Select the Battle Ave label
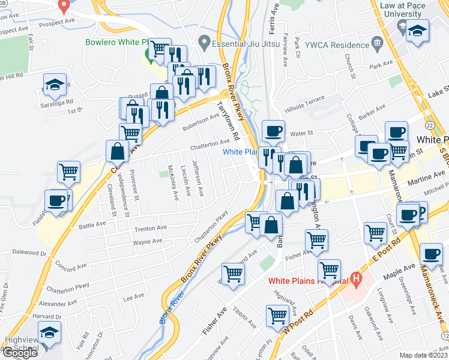(x=92, y=225)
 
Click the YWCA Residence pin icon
(x=377, y=43)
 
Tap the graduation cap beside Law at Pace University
(x=417, y=32)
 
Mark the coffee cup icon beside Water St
(x=274, y=131)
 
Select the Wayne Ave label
(x=148, y=242)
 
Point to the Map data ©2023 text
(x=423, y=355)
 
